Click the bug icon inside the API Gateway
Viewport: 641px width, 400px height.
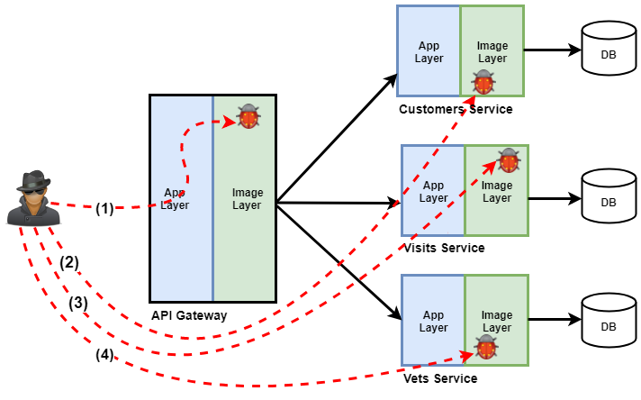click(248, 117)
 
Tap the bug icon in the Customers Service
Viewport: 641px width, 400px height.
click(483, 83)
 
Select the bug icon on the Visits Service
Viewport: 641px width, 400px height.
click(509, 160)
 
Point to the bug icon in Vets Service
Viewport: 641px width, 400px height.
click(487, 347)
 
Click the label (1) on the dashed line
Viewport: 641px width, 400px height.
click(104, 208)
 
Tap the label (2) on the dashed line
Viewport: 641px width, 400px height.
click(70, 263)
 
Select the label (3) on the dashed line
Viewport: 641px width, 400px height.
click(79, 303)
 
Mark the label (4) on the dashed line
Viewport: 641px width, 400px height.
click(104, 354)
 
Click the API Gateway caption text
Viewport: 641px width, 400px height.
click(189, 315)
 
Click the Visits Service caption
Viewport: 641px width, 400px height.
click(445, 248)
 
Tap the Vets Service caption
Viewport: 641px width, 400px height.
click(441, 378)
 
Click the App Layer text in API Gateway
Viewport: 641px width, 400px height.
click(176, 198)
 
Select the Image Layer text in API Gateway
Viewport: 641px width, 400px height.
click(247, 198)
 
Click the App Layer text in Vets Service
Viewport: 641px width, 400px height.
click(433, 322)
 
